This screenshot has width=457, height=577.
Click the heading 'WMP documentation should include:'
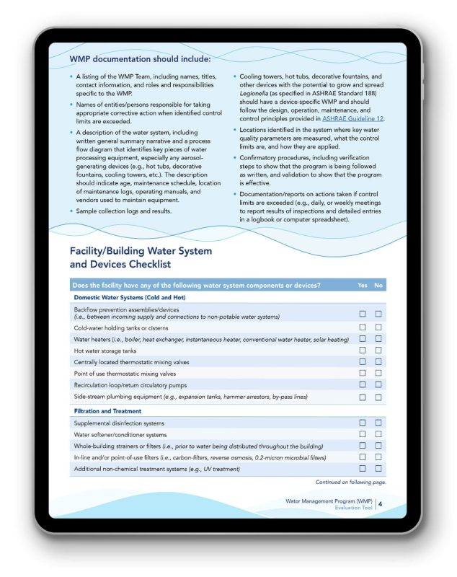tap(140, 59)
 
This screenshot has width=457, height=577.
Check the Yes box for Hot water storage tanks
tap(363, 350)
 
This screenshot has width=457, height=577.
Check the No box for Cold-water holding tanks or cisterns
tap(378, 327)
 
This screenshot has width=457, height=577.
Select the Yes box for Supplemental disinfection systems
tap(363, 423)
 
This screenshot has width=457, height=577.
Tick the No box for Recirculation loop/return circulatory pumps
tap(378, 384)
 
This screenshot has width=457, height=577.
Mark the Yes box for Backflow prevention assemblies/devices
tap(363, 313)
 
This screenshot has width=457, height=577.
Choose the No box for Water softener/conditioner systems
tap(378, 434)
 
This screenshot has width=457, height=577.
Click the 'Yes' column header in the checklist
tap(363, 285)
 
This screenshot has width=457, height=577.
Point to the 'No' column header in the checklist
tap(378, 285)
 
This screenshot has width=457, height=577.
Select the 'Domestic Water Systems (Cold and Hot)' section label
tap(128, 297)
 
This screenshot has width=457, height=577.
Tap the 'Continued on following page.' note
tap(350, 482)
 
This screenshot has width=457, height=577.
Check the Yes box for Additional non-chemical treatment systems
tap(363, 469)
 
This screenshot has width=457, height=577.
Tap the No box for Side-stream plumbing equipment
tap(378, 397)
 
